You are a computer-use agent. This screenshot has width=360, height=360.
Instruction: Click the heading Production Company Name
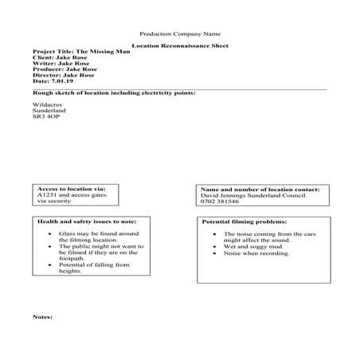(179, 34)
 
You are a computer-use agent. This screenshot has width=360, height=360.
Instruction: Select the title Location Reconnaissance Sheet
(179, 47)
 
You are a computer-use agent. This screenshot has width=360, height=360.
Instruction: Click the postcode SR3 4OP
(46, 116)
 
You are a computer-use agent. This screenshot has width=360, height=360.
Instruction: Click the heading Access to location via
(71, 189)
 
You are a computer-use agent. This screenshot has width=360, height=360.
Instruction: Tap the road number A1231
(49, 195)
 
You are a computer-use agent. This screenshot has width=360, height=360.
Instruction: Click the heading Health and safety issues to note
(86, 221)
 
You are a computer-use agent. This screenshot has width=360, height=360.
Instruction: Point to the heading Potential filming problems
(245, 221)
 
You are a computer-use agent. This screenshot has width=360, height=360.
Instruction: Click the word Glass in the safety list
(67, 234)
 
